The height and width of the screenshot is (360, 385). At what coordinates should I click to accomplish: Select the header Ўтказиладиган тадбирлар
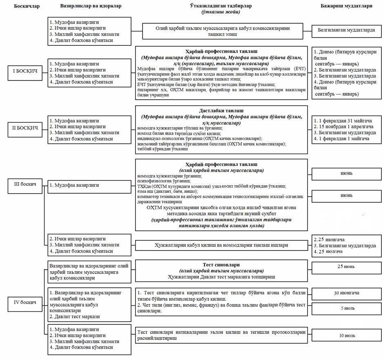pyautogui.click(x=221, y=6)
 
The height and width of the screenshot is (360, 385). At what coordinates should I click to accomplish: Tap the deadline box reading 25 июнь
pyautogui.click(x=346, y=266)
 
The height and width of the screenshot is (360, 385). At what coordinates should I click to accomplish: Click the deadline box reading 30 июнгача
pyautogui.click(x=346, y=293)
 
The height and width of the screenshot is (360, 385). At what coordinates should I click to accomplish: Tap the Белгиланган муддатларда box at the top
pyautogui.click(x=346, y=30)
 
